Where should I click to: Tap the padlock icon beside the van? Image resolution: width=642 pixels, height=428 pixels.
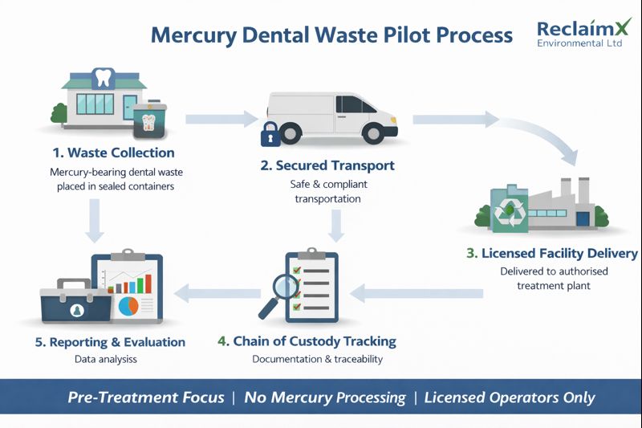[x=270, y=134]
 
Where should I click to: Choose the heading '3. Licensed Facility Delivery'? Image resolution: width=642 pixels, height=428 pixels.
[x=552, y=254]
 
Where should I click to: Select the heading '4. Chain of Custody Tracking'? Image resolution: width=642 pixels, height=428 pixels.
[x=307, y=341]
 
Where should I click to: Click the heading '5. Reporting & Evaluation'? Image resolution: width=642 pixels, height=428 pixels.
[x=110, y=342]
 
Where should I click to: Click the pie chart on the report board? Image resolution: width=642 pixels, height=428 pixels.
[x=128, y=305]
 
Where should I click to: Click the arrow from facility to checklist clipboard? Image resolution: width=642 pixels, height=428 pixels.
[x=417, y=294]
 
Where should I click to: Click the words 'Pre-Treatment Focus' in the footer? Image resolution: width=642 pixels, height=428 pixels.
[x=146, y=397]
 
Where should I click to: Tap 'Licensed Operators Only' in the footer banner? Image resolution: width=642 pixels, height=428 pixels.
[x=510, y=397]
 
